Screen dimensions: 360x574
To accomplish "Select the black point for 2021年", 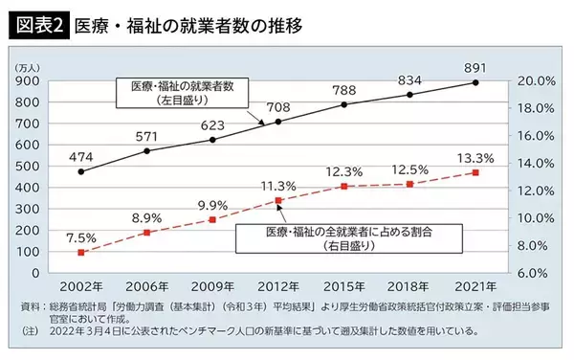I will (475, 83).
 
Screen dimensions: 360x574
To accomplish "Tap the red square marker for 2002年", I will (81, 252).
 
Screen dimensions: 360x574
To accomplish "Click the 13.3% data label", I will (475, 158).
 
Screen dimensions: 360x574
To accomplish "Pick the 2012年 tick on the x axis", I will (277, 286).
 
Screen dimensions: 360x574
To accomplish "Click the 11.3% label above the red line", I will (277, 186).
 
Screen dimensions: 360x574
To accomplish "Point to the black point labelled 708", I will (278, 122).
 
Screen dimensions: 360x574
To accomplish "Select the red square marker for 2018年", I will (409, 184).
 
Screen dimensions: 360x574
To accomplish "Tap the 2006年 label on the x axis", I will (146, 286).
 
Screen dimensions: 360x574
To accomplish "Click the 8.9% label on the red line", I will (146, 218).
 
